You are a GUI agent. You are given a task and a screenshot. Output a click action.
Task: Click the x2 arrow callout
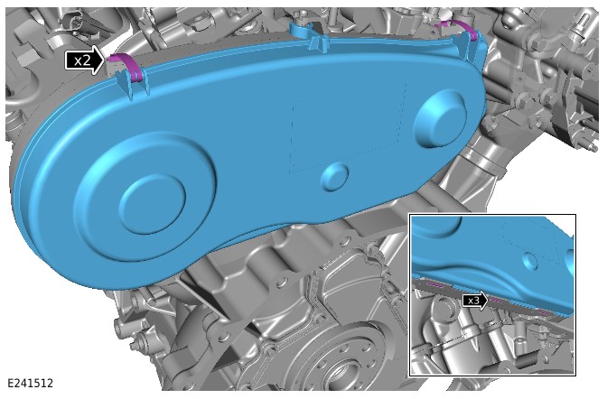tap(85, 60)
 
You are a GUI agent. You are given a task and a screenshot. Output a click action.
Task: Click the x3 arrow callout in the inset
tap(475, 301)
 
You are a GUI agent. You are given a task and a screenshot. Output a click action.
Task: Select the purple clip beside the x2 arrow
tap(125, 67)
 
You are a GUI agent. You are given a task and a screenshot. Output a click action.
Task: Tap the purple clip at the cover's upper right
tap(458, 30)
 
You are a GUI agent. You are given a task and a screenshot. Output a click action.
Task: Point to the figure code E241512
tap(30, 383)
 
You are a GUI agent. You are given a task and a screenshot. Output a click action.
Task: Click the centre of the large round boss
tap(152, 204)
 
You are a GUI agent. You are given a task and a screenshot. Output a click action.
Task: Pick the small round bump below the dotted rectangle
tap(335, 177)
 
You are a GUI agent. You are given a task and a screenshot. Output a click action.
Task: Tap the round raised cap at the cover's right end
tap(439, 119)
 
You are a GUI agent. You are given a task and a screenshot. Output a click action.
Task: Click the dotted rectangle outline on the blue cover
tap(347, 126)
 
